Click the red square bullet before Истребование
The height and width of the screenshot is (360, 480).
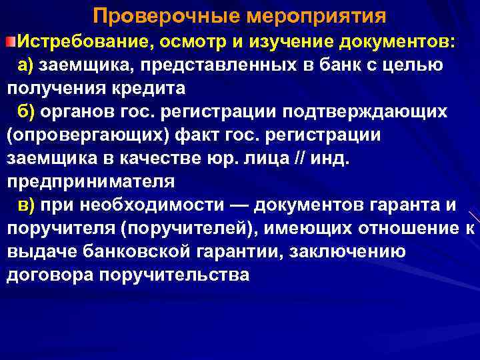[11, 43]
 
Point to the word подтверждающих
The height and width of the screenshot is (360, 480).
[373, 112]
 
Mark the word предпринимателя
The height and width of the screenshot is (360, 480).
[91, 182]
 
